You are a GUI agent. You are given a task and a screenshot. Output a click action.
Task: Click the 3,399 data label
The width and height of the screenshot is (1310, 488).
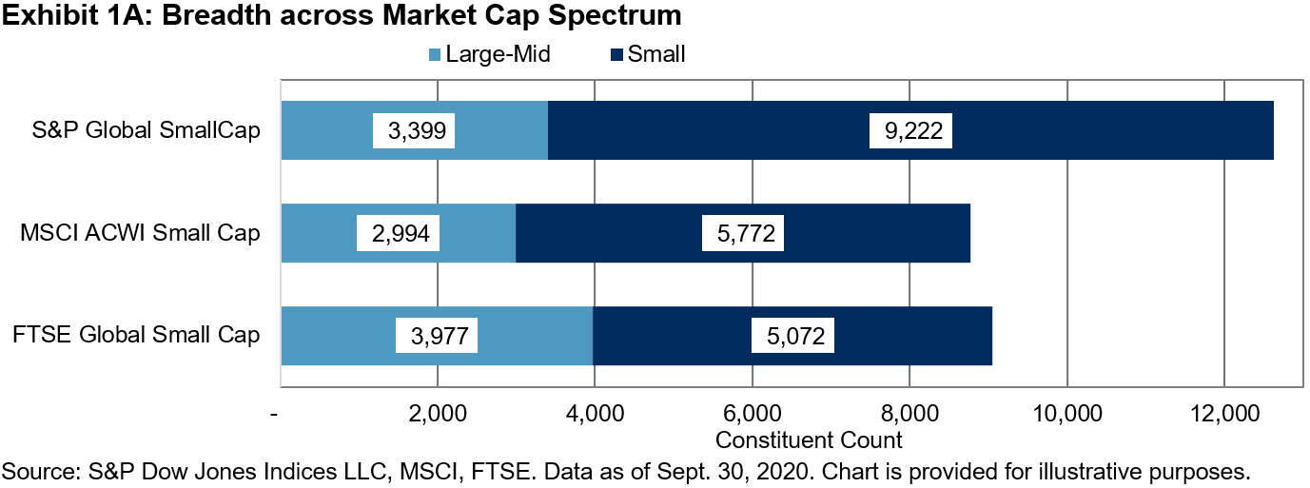pyautogui.click(x=415, y=130)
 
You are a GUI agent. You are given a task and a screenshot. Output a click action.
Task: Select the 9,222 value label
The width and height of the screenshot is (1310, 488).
pyautogui.click(x=910, y=130)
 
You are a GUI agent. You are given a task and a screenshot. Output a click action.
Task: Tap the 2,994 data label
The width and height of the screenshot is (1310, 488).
pyautogui.click(x=398, y=232)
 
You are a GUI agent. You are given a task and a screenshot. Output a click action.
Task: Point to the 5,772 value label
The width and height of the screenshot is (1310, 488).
pyautogui.click(x=742, y=232)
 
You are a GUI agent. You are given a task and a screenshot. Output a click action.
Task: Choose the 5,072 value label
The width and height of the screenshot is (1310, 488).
pyautogui.click(x=792, y=335)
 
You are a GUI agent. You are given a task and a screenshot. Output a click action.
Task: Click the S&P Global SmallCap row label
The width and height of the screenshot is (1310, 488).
pyautogui.click(x=145, y=130)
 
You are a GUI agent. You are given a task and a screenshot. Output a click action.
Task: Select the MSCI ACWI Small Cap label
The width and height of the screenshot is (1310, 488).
pyautogui.click(x=139, y=232)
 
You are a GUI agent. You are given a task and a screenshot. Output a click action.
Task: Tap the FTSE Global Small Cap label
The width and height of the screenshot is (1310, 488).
pyautogui.click(x=137, y=335)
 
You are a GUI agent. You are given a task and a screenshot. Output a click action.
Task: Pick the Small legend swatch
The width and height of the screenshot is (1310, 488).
pyautogui.click(x=616, y=55)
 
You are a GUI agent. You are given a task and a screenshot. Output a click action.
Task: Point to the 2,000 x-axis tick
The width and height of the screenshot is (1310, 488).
pyautogui.click(x=437, y=415)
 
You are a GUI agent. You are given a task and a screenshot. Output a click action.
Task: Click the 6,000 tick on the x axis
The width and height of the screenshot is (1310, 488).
pyautogui.click(x=752, y=415)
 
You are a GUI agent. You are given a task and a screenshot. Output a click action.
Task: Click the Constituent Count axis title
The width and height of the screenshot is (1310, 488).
pyautogui.click(x=808, y=440)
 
